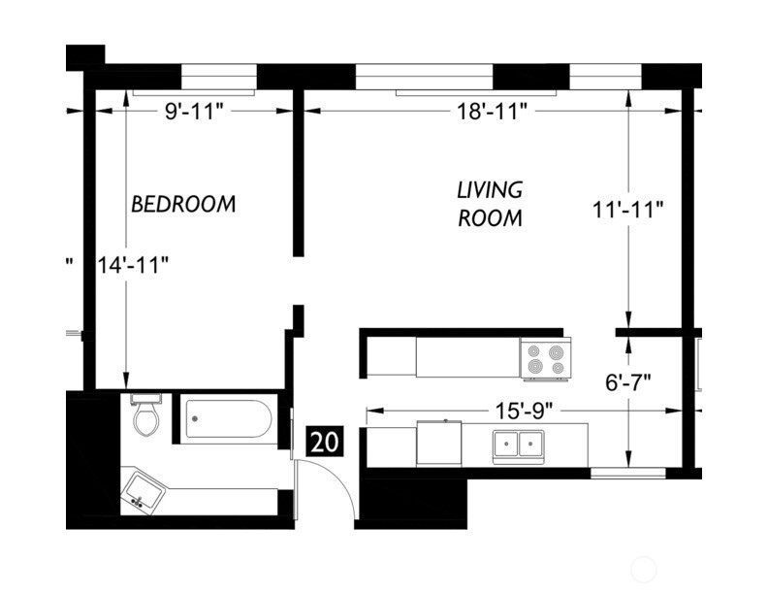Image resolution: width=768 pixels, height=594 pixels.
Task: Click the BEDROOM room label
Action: [x=183, y=204]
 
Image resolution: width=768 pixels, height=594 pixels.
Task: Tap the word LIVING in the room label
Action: [x=490, y=190]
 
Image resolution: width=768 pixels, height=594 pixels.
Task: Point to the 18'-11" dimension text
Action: [x=492, y=112]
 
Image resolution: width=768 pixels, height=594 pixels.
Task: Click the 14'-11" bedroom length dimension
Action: [x=133, y=265]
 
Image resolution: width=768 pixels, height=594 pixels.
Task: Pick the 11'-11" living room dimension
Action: [x=627, y=210]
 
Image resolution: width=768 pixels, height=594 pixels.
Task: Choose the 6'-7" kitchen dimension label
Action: [x=628, y=382]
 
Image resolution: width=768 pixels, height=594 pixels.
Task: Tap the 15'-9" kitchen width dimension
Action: [x=524, y=411]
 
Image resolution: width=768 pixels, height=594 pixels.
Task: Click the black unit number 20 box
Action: [x=324, y=443]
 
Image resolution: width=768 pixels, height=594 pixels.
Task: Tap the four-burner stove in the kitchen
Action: [x=546, y=359]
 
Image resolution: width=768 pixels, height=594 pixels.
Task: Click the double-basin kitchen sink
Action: [x=519, y=445]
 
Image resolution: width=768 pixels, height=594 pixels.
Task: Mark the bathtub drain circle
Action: [x=195, y=419]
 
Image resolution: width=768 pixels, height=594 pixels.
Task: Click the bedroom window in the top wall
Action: [x=219, y=77]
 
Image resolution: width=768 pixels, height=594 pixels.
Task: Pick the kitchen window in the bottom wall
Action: [x=628, y=474]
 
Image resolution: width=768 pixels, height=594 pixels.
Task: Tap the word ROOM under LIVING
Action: [x=490, y=218]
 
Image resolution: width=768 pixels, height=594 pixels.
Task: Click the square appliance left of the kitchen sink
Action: [x=439, y=445]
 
